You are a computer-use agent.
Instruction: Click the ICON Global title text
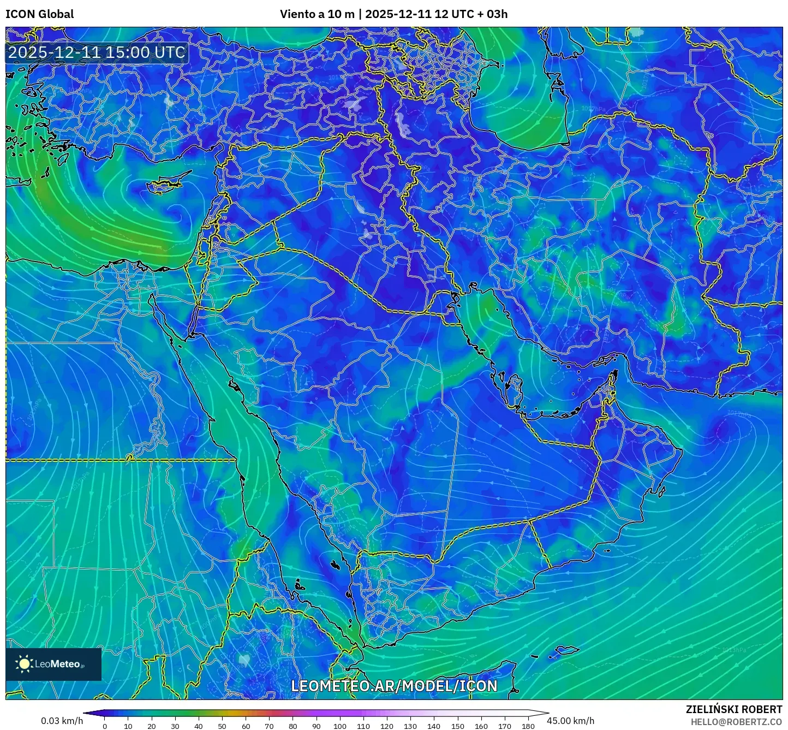[x=39, y=14]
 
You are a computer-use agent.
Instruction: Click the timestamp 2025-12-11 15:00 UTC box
[x=97, y=52]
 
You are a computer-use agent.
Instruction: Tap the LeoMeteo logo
[x=53, y=664]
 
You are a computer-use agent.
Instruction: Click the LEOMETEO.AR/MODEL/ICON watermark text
[x=394, y=686]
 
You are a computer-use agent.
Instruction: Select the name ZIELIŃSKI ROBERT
[x=733, y=709]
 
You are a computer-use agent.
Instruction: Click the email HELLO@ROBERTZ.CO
[x=736, y=722]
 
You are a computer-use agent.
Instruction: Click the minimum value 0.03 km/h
[x=62, y=721]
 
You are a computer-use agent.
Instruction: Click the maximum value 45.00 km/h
[x=570, y=721]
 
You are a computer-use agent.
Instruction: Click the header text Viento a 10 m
[x=317, y=14]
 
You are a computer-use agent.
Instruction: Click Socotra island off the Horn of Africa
[x=568, y=650]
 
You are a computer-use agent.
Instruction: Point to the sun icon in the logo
[x=24, y=664]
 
